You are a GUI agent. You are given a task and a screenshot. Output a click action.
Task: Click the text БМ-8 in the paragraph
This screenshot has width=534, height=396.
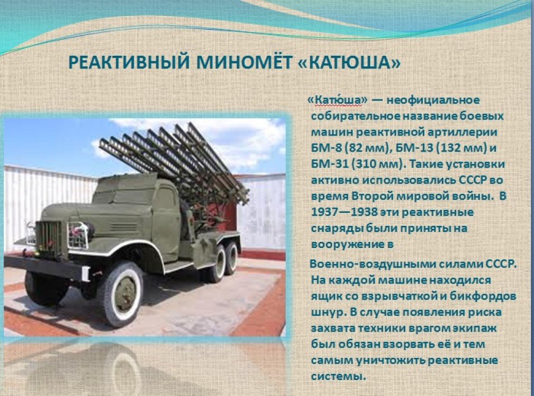[326, 148]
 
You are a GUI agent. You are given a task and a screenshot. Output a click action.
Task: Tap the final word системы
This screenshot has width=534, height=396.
[338, 376]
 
